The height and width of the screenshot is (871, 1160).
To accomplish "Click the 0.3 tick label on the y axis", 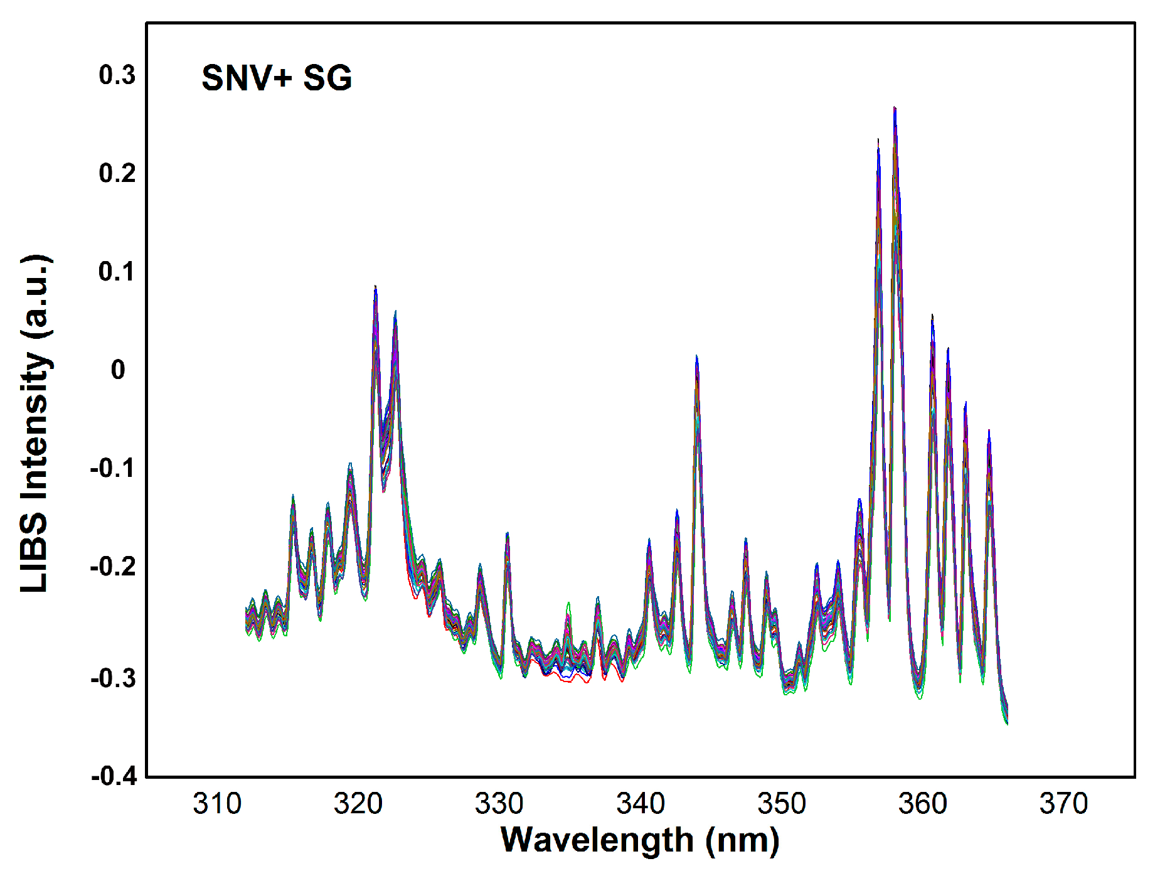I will click(x=117, y=75).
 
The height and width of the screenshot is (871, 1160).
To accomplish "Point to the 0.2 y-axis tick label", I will click(x=117, y=173).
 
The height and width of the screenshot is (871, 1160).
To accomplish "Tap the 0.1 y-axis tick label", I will click(x=117, y=272).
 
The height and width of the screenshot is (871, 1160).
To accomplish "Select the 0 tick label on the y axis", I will click(x=118, y=370).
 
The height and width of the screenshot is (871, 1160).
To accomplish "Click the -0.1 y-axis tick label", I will click(x=114, y=468).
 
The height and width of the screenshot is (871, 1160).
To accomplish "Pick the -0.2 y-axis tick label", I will click(x=114, y=566).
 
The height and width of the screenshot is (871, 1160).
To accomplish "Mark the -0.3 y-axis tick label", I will click(x=114, y=678).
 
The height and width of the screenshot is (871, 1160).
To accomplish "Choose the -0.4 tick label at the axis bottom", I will click(x=114, y=776).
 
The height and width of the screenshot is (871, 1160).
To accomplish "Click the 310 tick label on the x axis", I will click(x=217, y=804).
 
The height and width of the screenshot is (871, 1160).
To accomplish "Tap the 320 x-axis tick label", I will click(x=358, y=804).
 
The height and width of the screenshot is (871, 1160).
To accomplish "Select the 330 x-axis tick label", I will click(x=499, y=804).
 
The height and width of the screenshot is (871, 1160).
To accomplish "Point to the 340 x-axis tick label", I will click(x=641, y=804).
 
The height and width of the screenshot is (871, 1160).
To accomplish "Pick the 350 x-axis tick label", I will click(x=782, y=804).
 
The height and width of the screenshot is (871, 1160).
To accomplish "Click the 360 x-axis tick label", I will click(x=923, y=804).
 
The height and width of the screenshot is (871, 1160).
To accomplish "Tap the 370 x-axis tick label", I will click(x=1064, y=804).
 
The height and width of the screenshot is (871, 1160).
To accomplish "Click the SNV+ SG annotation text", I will click(x=277, y=78).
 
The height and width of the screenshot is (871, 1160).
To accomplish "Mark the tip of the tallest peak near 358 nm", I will click(x=895, y=109).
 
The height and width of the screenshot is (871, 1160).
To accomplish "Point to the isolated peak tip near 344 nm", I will click(x=696, y=356).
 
